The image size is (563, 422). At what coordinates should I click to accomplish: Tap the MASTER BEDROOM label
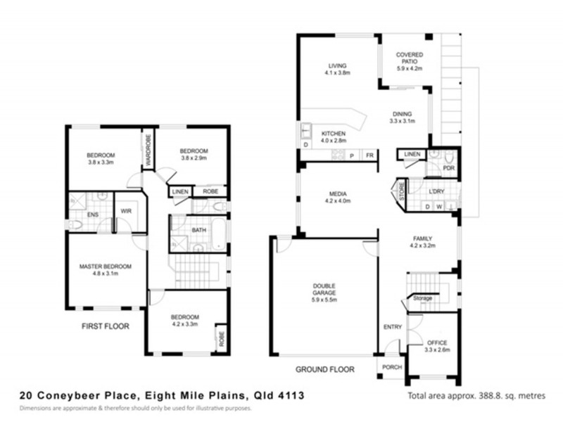click(106, 267)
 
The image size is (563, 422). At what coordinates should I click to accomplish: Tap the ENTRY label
click(392, 327)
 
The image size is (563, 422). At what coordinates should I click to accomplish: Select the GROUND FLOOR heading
click(324, 369)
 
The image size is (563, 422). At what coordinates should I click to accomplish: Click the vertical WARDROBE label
click(148, 151)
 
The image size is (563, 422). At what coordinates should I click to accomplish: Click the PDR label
click(448, 168)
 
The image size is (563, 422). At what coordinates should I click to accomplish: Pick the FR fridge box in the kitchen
click(368, 155)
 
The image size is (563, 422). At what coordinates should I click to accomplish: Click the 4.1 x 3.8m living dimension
click(337, 72)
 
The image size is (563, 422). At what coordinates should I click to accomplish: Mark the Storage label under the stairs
click(422, 298)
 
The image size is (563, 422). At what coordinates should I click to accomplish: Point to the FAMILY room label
click(422, 238)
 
